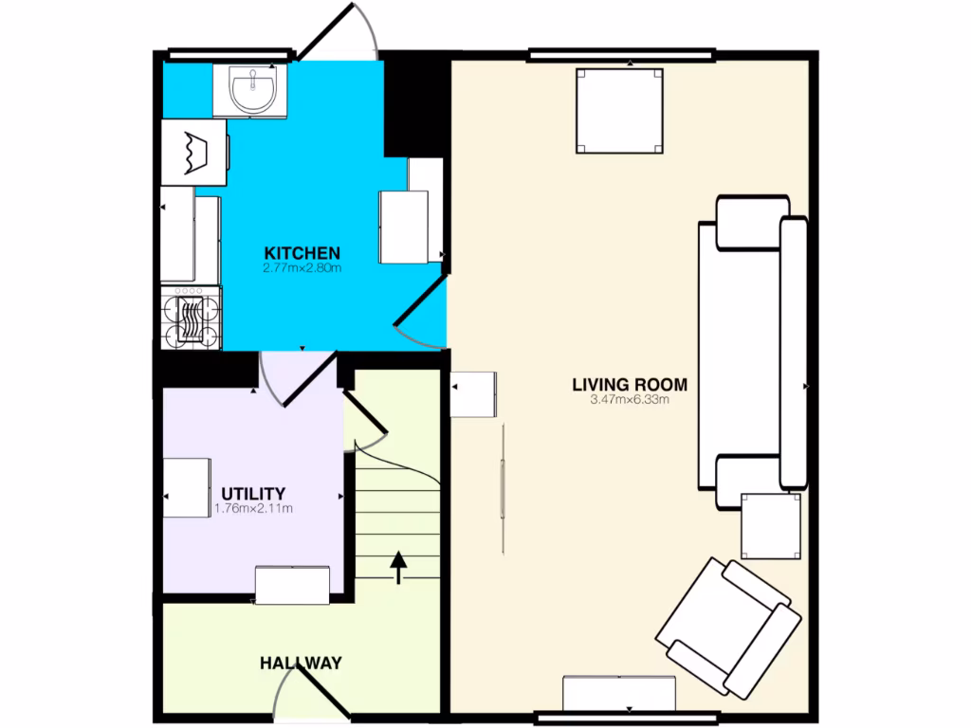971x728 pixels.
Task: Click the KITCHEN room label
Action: click(302, 253)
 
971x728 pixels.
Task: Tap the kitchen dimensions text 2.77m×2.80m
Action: click(302, 268)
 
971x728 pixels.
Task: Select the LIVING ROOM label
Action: click(630, 385)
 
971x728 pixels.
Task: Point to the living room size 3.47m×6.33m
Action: click(630, 400)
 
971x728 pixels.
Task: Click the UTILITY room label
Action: click(253, 494)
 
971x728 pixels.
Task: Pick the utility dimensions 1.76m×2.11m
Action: click(253, 509)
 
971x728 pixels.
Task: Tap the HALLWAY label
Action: click(301, 664)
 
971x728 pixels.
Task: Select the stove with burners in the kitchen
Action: click(192, 318)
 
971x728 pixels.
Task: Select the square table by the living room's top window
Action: click(620, 110)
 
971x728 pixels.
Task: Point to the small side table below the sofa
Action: click(770, 526)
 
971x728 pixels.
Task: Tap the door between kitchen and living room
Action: click(420, 315)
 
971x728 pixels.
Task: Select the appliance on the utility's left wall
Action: click(187, 487)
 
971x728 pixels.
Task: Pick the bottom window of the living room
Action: click(626, 718)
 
